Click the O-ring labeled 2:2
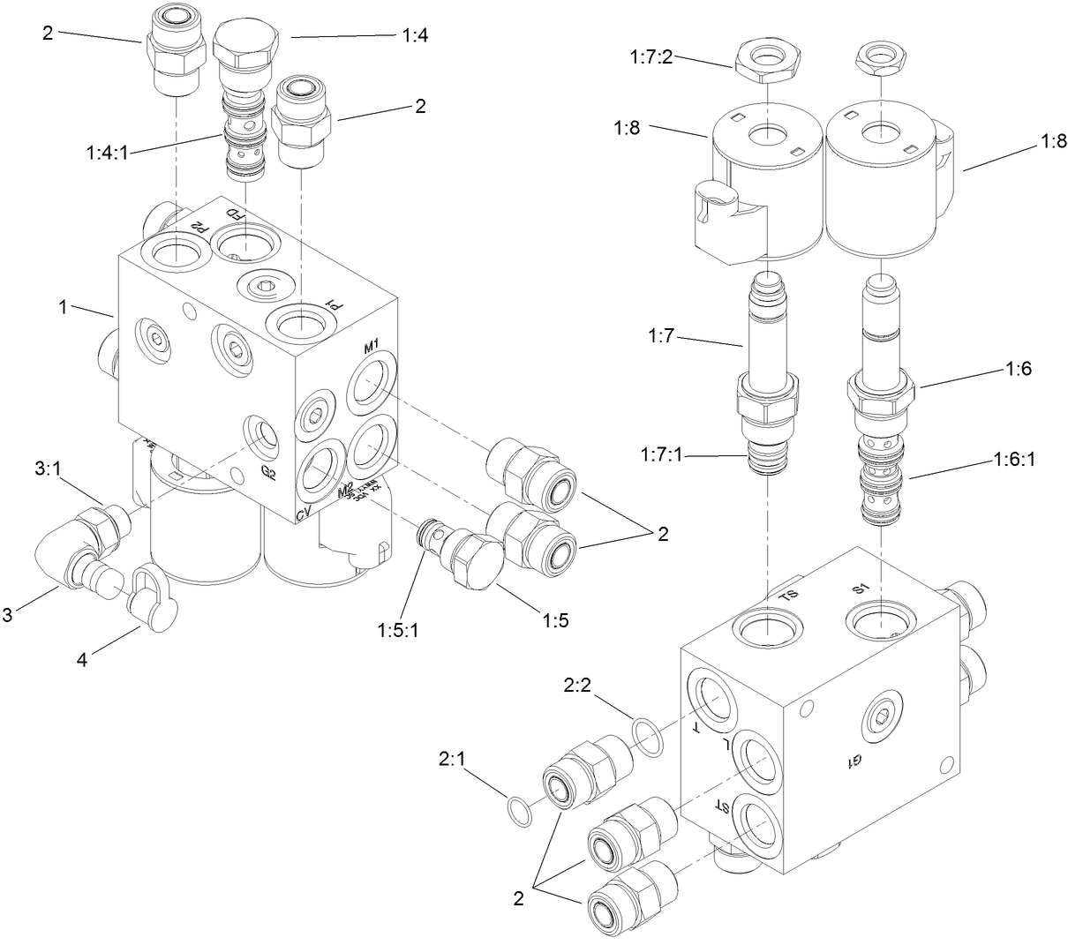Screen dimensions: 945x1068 point(648,737)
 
